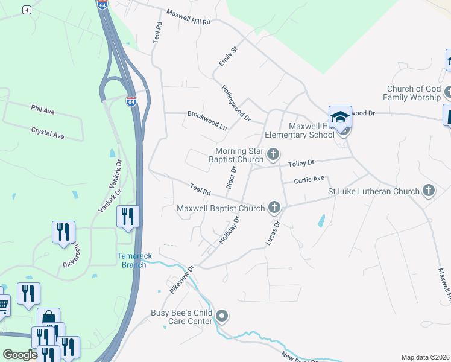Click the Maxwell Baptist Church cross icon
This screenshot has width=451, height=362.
point(274,208)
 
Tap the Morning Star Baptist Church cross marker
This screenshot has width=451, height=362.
point(273,155)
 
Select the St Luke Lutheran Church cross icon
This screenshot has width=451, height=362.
point(429,191)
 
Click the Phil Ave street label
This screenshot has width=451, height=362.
point(43,110)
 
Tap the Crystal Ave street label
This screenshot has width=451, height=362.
point(48,133)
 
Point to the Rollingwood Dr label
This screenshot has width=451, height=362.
point(236,103)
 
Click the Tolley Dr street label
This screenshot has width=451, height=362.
point(302,163)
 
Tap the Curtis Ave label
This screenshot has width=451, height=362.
point(309,179)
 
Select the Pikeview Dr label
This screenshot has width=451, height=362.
point(182,279)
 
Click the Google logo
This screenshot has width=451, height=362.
point(20,355)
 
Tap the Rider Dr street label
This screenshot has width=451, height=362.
point(231,178)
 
